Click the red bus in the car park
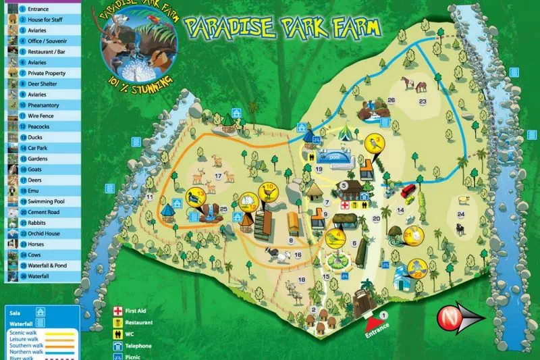[408, 190]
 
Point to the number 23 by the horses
[423, 102]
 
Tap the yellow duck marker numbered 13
[196, 199]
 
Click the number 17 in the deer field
[218, 176]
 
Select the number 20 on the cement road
[377, 219]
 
